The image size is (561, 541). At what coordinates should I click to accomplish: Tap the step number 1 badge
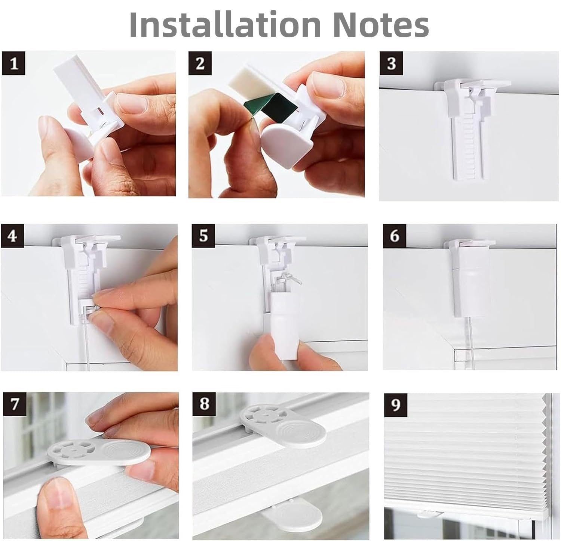pyautogui.click(x=14, y=63)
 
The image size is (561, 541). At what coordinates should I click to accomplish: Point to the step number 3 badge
pyautogui.click(x=391, y=63)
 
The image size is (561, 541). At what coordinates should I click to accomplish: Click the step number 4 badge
pyautogui.click(x=12, y=236)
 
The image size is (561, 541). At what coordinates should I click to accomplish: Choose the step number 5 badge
pyautogui.click(x=203, y=236)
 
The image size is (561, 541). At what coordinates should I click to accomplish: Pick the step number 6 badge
pyautogui.click(x=395, y=236)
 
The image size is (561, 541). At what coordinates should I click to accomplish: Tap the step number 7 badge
pyautogui.click(x=15, y=404)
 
